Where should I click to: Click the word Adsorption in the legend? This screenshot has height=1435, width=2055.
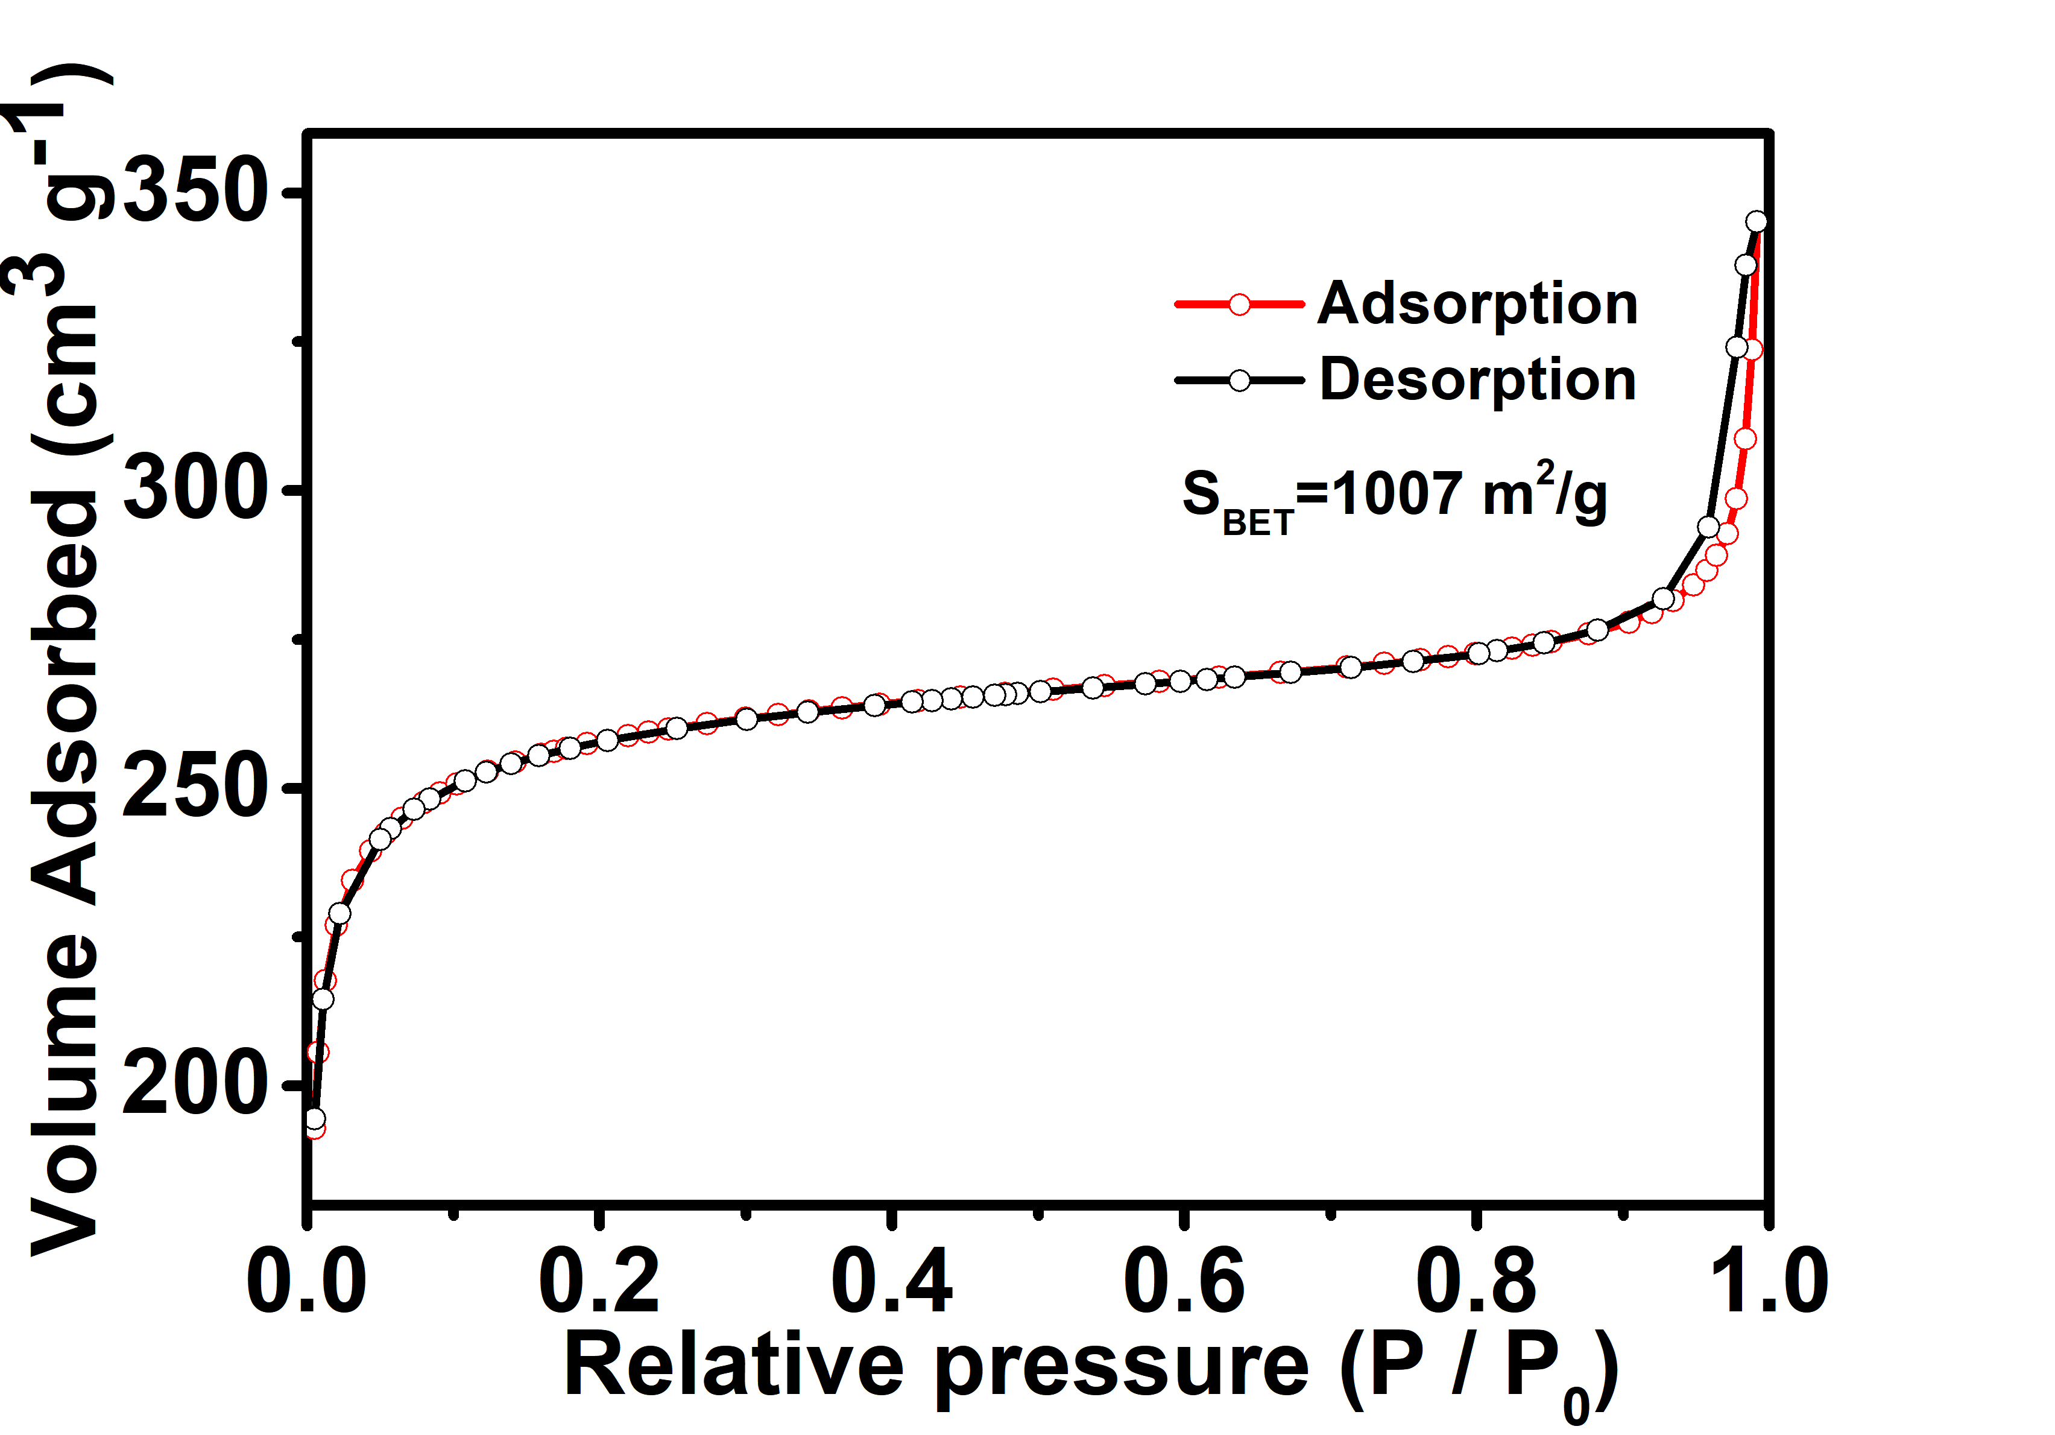pos(1478,305)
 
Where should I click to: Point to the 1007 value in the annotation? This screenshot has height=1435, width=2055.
pos(1397,493)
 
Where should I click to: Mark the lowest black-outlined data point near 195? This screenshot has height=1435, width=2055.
pos(315,1119)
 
